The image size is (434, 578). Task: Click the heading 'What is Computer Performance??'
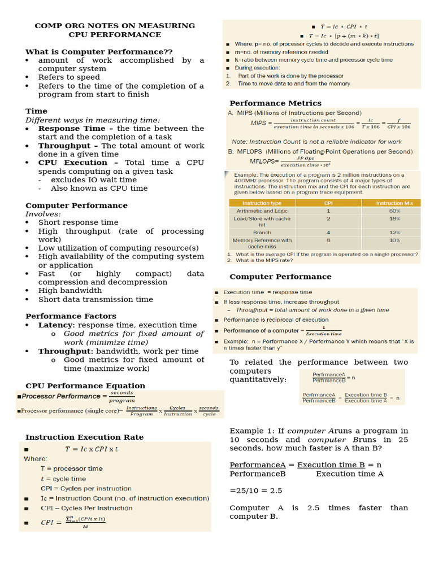click(x=99, y=51)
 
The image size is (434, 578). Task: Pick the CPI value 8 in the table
click(x=328, y=240)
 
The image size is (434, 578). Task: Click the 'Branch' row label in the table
click(x=262, y=232)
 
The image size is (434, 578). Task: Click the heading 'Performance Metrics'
click(x=275, y=103)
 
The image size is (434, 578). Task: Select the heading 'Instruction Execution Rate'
click(x=84, y=437)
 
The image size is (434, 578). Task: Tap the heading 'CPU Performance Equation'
click(x=85, y=386)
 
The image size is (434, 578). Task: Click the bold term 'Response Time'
click(x=72, y=128)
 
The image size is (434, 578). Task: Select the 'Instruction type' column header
click(x=262, y=203)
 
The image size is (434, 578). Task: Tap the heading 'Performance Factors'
click(x=71, y=316)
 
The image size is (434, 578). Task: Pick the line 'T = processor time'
click(x=71, y=468)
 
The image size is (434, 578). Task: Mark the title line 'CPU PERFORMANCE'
click(x=115, y=34)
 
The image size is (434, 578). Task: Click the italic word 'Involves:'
click(x=43, y=214)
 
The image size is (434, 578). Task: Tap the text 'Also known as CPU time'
click(x=99, y=189)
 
